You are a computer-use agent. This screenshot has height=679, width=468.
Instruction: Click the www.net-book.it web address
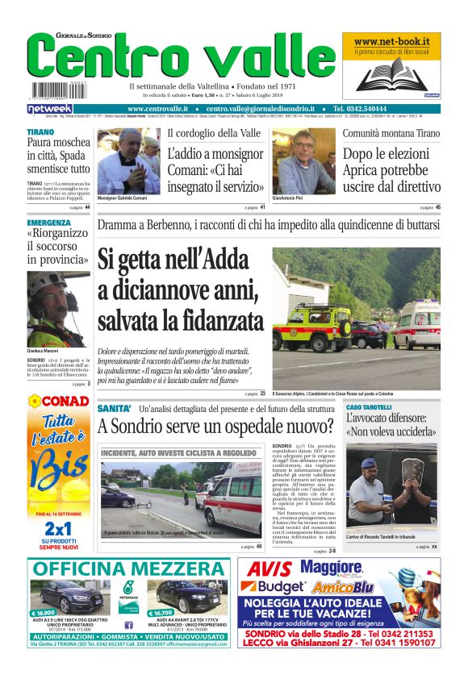pyautogui.click(x=391, y=41)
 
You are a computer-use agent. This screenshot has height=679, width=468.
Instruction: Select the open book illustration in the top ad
pyautogui.click(x=391, y=73)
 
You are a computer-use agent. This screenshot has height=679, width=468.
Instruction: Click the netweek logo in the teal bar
pyautogui.click(x=50, y=108)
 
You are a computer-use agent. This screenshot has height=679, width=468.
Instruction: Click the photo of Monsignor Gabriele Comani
pyautogui.click(x=128, y=161)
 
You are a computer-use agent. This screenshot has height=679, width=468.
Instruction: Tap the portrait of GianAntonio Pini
pyautogui.click(x=303, y=162)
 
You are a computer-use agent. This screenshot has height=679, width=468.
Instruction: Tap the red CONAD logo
pyautogui.click(x=59, y=400)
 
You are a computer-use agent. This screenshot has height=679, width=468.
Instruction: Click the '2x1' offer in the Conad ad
pyautogui.click(x=58, y=527)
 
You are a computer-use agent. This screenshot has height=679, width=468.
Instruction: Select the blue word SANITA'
pyautogui.click(x=114, y=409)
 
